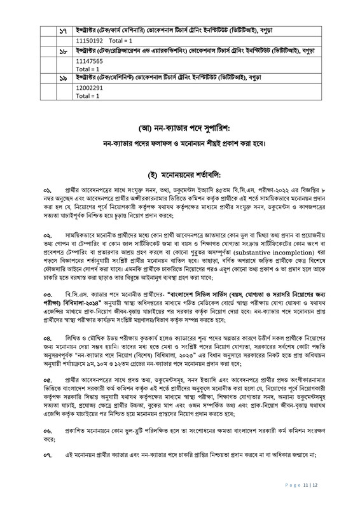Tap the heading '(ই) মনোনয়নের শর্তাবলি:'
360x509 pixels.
181,175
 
